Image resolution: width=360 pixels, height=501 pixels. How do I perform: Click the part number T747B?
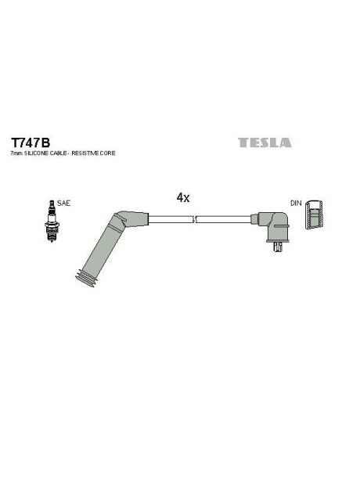(x=30, y=143)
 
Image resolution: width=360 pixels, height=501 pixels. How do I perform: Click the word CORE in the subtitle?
(x=108, y=154)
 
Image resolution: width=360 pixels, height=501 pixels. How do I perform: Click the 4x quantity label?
(x=183, y=198)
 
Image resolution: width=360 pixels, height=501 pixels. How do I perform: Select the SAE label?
(x=63, y=204)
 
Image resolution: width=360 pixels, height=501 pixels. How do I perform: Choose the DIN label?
(x=296, y=204)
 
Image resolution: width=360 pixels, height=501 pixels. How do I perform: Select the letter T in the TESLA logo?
(x=242, y=143)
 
